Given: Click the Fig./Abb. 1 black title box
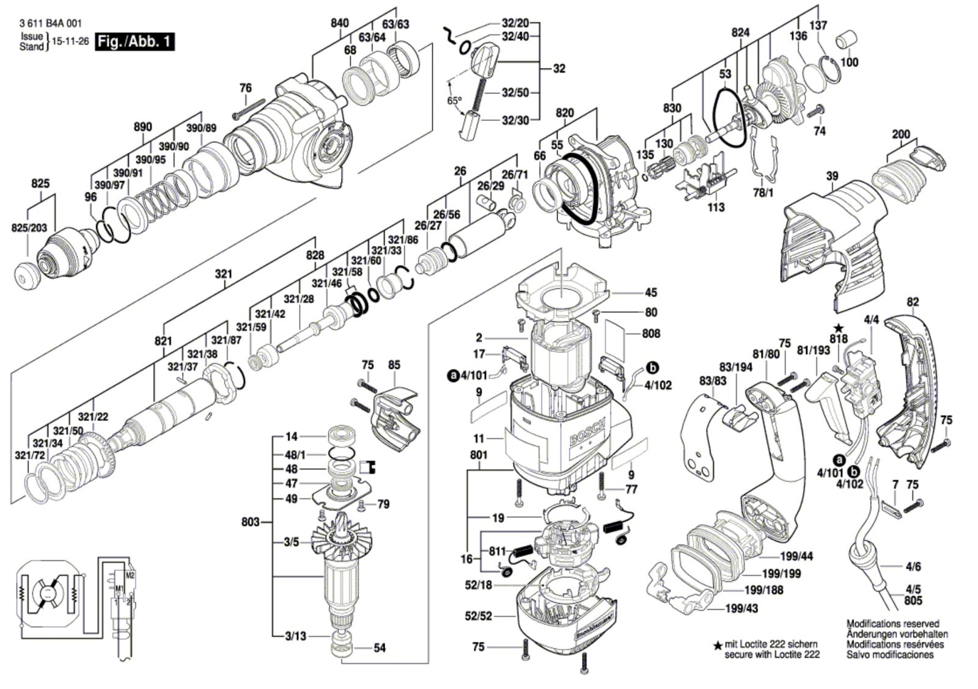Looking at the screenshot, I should click(135, 42).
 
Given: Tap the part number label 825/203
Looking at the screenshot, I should click(29, 228).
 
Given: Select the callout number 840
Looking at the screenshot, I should click(339, 23).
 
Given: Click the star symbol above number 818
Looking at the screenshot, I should click(839, 329).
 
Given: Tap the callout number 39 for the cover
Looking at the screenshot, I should click(832, 177).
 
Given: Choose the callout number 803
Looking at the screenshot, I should click(251, 522).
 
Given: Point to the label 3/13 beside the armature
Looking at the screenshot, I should click(295, 636).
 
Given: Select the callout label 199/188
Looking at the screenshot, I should click(763, 590).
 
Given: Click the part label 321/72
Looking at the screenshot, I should click(30, 456).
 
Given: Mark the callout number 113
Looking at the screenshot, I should click(716, 208).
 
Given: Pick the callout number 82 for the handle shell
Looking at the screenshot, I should click(913, 302).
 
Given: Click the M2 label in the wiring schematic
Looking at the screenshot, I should click(130, 576).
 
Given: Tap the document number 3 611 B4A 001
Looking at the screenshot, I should click(51, 24).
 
